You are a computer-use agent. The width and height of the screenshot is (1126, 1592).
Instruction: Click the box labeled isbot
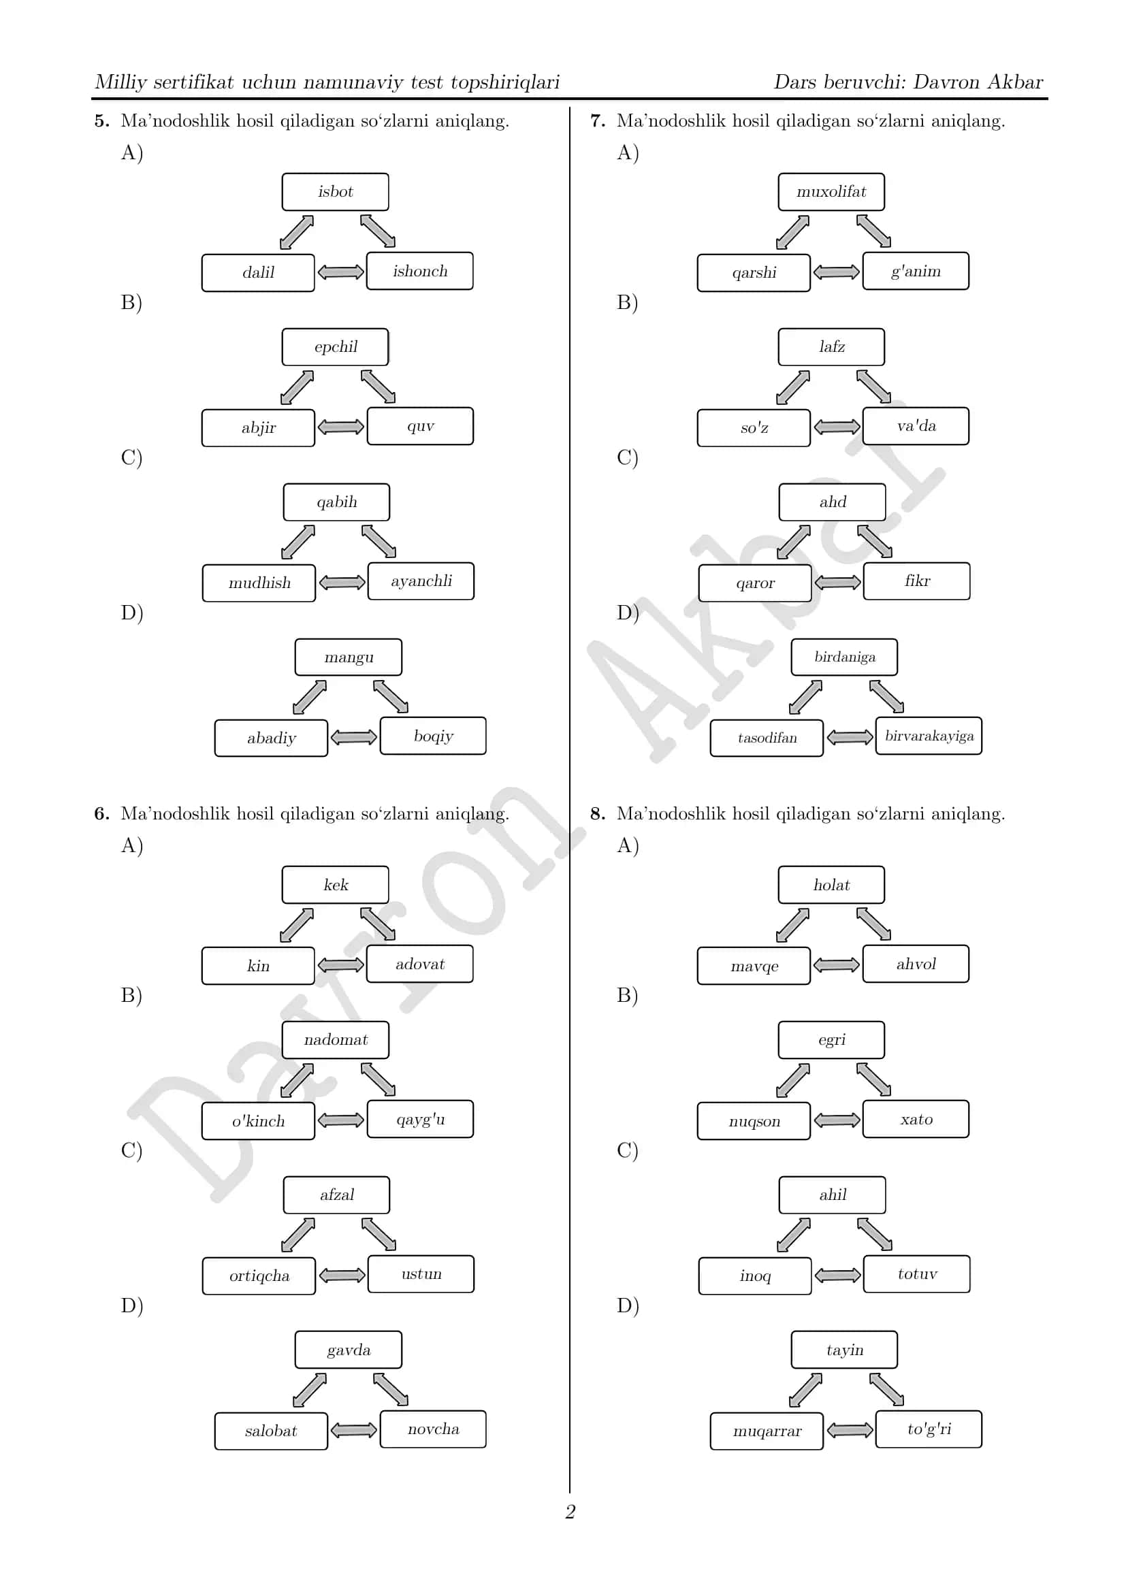335,192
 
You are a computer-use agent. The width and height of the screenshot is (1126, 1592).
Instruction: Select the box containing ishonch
419,271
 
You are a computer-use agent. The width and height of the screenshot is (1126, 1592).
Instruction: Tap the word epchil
336,346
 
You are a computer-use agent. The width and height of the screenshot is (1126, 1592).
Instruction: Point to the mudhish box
259,583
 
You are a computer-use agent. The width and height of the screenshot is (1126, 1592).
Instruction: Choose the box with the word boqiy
433,736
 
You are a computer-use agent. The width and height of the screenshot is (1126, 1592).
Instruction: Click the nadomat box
335,1040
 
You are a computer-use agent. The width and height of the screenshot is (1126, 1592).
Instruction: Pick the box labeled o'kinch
258,1121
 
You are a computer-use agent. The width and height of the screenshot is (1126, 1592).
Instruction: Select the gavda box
348,1350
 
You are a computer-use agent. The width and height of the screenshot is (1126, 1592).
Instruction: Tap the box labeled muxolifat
831,192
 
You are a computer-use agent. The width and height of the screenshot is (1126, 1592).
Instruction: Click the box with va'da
916,425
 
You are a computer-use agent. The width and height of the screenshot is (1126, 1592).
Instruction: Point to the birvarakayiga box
929,736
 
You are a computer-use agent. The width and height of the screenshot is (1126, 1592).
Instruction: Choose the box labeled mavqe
754,966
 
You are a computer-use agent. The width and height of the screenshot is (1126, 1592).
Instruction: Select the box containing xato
916,1119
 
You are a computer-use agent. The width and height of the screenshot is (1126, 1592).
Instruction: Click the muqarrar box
767,1431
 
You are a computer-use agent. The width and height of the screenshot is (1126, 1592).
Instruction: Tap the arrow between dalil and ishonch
340,272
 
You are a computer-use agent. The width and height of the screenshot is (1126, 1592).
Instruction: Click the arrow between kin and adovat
340,964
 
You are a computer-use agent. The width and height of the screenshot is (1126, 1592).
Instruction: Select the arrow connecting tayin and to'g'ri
887,1390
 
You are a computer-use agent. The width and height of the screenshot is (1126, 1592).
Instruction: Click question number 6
101,813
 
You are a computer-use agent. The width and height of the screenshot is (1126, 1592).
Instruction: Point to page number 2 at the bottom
570,1511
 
